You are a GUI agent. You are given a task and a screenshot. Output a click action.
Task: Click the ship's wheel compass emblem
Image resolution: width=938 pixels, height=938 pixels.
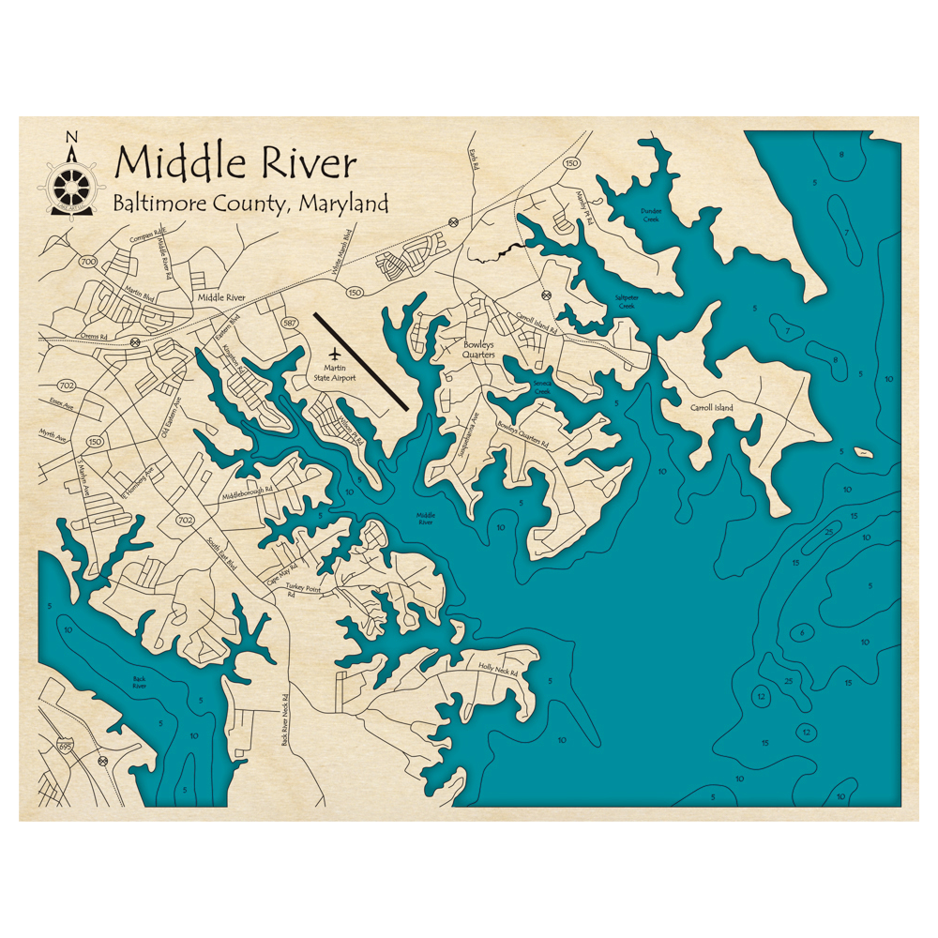pyautogui.click(x=71, y=180)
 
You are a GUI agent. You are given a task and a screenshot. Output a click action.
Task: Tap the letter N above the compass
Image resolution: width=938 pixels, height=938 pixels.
pyautogui.click(x=71, y=138)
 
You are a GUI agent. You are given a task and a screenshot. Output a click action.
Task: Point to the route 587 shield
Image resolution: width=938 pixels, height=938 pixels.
pyautogui.click(x=289, y=323)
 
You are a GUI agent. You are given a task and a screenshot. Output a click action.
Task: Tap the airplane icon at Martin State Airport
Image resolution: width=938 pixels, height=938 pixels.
pyautogui.click(x=335, y=355)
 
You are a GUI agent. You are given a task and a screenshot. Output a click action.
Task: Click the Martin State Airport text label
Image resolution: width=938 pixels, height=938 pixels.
pyautogui.click(x=335, y=372)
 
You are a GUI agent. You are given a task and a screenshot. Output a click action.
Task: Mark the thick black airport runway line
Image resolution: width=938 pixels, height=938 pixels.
pyautogui.click(x=360, y=361)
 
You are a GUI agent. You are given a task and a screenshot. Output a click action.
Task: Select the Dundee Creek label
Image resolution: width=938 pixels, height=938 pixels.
pyautogui.click(x=651, y=215)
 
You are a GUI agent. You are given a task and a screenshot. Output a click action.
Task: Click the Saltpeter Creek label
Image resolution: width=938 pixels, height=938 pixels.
pyautogui.click(x=625, y=301)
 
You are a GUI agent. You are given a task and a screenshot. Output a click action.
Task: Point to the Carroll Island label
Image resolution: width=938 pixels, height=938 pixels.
pyautogui.click(x=711, y=408)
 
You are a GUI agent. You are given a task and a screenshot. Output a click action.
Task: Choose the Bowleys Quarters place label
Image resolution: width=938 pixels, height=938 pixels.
pyautogui.click(x=478, y=349)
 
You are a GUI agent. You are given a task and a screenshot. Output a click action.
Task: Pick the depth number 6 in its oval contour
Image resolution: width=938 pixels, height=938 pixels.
pyautogui.click(x=801, y=633)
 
